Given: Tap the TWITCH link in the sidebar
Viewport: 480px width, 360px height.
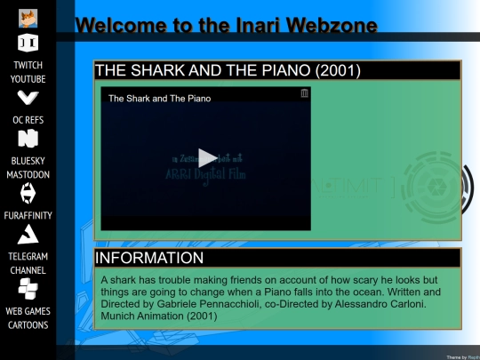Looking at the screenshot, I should [x=28, y=65].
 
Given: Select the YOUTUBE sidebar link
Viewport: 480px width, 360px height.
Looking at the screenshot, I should [x=28, y=79].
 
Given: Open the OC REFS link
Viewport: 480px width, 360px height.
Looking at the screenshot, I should [x=28, y=119].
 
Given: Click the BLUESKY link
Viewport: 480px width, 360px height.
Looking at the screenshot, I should [x=28, y=160].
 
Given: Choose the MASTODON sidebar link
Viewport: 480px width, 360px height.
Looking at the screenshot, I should [x=28, y=174].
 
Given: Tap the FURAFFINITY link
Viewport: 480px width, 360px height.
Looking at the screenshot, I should [x=28, y=215].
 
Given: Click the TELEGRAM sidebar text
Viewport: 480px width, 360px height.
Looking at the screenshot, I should [x=28, y=256].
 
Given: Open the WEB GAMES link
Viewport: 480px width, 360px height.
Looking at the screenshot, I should [x=28, y=311].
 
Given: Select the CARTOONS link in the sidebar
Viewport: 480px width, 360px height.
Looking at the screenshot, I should [x=28, y=325].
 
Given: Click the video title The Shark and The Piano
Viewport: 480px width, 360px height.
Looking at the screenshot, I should [x=159, y=99].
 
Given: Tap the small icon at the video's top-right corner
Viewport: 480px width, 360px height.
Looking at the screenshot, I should [x=305, y=93].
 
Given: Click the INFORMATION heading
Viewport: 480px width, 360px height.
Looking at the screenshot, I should [x=149, y=258].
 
